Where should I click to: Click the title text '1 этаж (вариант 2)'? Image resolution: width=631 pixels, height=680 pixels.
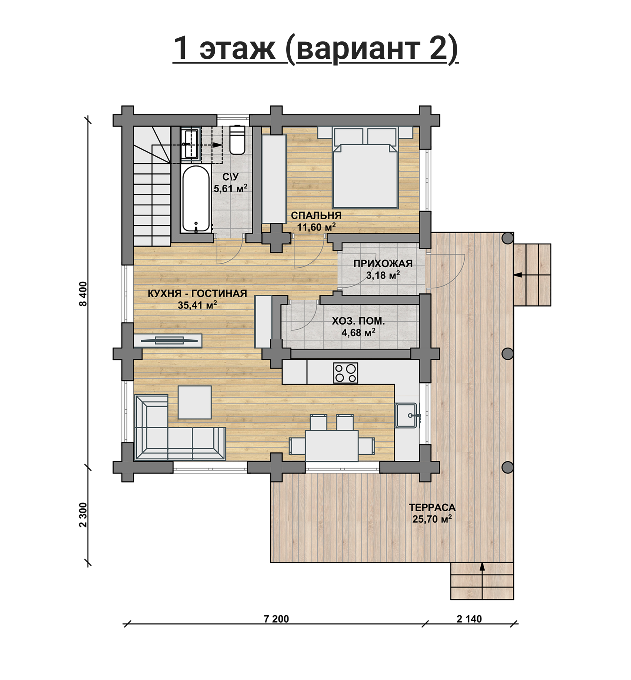[315, 48]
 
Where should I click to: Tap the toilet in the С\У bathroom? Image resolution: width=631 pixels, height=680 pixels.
[237, 140]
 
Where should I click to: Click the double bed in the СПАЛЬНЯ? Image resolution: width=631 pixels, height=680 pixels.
[365, 167]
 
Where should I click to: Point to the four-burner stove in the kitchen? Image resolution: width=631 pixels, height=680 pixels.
[345, 372]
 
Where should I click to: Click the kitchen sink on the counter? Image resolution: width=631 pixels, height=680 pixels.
[407, 415]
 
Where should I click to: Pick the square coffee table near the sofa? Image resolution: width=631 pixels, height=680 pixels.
[195, 402]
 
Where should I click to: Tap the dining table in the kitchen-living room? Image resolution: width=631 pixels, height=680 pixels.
[332, 446]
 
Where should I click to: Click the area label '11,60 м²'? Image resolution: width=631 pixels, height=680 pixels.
[317, 227]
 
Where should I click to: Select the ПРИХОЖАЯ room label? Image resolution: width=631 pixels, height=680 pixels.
[383, 264]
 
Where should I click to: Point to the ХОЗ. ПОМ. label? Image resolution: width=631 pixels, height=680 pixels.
[358, 321]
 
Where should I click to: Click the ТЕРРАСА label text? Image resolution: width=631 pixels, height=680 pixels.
[432, 507]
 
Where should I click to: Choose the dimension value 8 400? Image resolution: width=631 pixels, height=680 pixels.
[83, 294]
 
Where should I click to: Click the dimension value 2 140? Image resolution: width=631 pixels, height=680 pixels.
[469, 619]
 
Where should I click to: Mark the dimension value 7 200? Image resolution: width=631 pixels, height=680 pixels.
[276, 619]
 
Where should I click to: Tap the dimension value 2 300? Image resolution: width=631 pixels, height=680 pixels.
[83, 515]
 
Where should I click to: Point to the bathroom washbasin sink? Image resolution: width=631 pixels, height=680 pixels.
[191, 144]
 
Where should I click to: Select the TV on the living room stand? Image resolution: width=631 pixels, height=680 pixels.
[169, 340]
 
